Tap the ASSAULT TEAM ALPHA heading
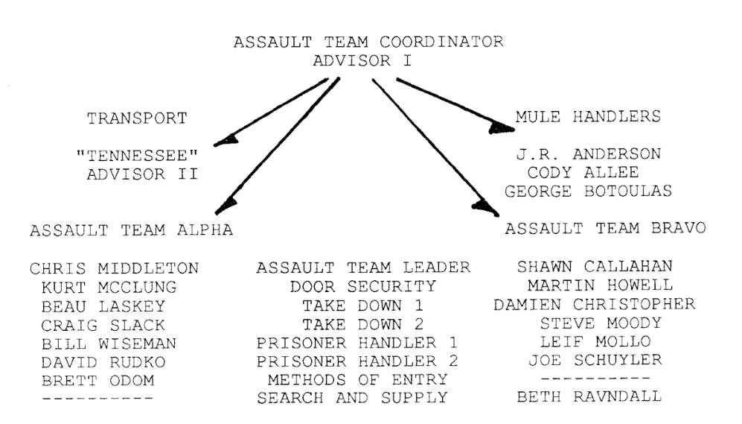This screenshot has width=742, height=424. (131, 230)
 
